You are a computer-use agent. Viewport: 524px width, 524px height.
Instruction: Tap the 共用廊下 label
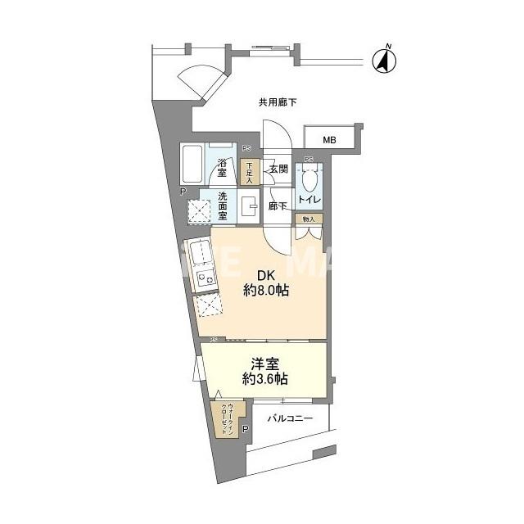pyautogui.click(x=278, y=103)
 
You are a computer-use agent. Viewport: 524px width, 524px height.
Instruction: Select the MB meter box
pyautogui.click(x=329, y=138)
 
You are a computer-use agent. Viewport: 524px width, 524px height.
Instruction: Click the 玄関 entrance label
pyautogui.click(x=278, y=169)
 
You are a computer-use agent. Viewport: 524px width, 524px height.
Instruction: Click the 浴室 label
pyautogui.click(x=222, y=168)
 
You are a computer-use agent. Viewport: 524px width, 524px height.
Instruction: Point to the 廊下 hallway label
pyautogui.click(x=278, y=206)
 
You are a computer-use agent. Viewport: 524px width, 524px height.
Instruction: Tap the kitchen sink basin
pyautogui.click(x=198, y=255)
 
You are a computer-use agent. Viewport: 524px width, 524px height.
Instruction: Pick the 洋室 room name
pyautogui.click(x=264, y=362)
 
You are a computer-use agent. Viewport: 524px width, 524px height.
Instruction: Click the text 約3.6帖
pyautogui.click(x=264, y=379)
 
